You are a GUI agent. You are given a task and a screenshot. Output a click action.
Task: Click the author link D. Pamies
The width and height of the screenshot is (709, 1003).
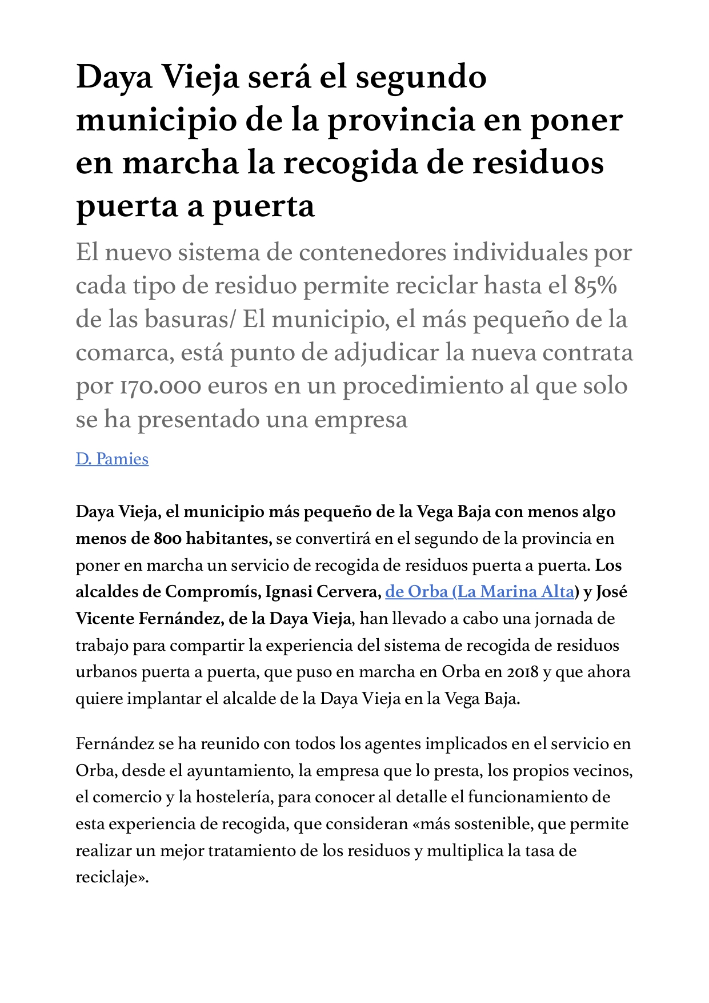(112, 459)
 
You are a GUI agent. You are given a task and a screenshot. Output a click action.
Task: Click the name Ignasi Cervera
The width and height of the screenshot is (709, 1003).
(323, 592)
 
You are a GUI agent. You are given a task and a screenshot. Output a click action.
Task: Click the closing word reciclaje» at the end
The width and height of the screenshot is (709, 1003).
(112, 878)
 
